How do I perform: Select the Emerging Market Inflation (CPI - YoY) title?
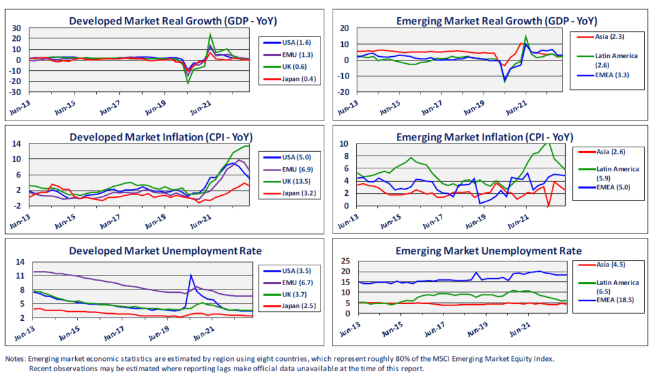[484, 137]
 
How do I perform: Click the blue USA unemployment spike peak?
[190, 275]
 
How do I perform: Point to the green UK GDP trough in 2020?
[188, 82]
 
